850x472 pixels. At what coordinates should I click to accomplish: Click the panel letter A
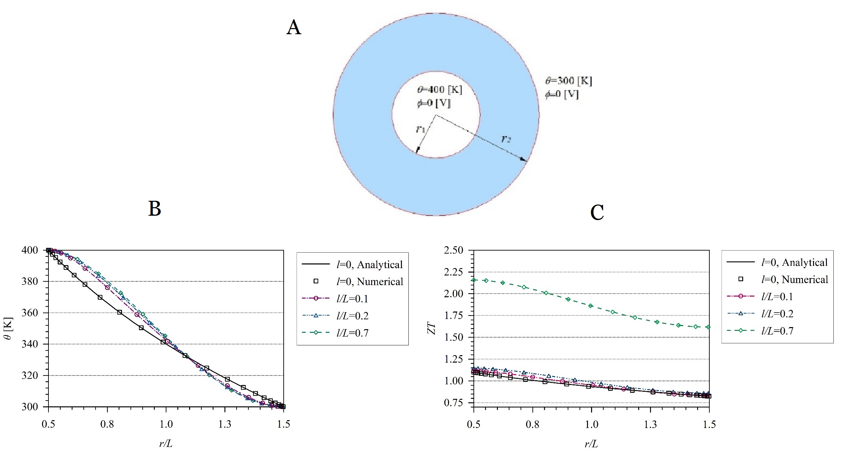click(294, 27)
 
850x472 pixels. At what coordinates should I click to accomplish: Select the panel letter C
click(597, 213)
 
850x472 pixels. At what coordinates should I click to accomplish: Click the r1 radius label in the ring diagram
click(421, 129)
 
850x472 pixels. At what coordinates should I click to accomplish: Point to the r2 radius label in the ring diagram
click(506, 138)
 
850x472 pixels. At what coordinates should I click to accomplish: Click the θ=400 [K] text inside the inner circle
click(440, 89)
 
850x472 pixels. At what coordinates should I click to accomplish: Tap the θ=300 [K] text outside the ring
click(568, 81)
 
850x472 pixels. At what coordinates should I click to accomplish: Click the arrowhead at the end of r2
click(524, 160)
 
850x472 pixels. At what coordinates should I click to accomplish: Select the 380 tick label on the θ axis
click(29, 281)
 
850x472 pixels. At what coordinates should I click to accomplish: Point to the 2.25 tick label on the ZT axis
click(453, 272)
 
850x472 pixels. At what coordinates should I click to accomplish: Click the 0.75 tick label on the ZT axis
click(453, 403)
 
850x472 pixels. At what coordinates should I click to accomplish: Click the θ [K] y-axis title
click(8, 328)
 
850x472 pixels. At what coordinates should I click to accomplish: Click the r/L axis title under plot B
click(166, 444)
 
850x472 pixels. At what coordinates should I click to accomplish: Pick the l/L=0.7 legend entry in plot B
click(352, 333)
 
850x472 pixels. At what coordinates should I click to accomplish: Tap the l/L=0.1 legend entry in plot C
click(777, 297)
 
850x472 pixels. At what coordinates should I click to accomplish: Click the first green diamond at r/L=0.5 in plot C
click(474, 280)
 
